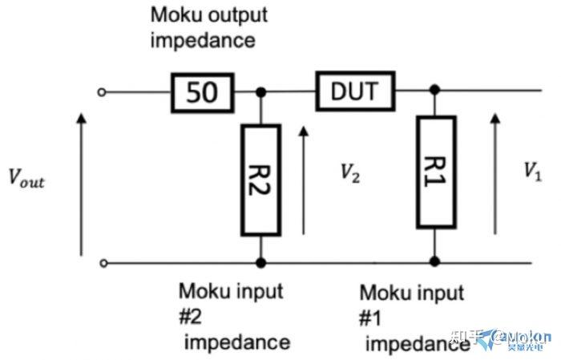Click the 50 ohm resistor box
203,92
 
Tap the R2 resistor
260,180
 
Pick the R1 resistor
435,172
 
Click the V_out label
26,180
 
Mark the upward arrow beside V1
494,172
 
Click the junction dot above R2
260,92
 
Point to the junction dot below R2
260,262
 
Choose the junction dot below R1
435,261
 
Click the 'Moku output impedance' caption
208,27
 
